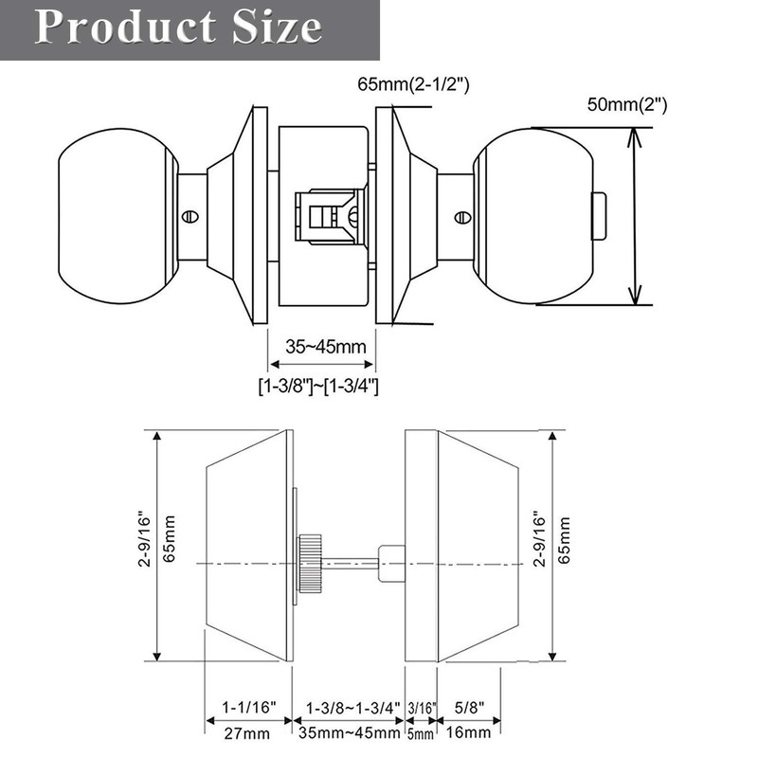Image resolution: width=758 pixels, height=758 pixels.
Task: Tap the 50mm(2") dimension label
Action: [x=626, y=105]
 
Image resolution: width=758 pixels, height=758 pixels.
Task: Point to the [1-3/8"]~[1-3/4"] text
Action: [x=318, y=386]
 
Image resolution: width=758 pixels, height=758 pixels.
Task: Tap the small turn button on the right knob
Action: [x=598, y=215]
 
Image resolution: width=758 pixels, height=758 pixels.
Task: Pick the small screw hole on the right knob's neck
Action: [x=461, y=217]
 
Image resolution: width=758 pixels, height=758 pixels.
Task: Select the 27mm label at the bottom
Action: [x=248, y=733]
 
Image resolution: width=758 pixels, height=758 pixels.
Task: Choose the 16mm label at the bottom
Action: [x=471, y=733]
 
